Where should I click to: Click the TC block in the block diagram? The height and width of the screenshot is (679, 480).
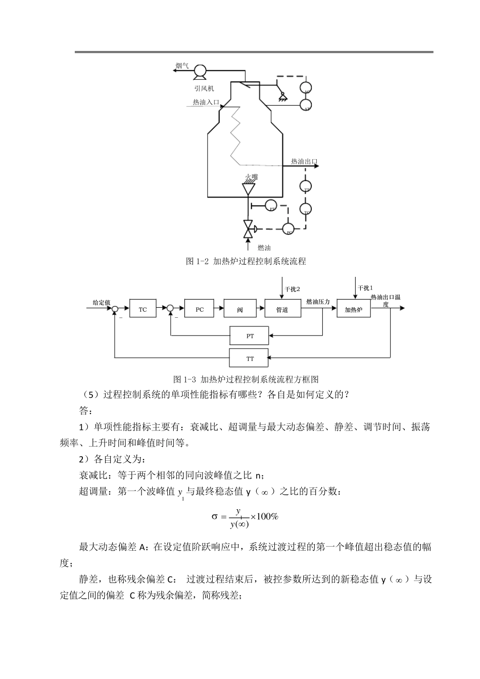point(143,309)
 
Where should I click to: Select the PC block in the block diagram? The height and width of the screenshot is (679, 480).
point(200,309)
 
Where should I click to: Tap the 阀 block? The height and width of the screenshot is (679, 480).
point(240,309)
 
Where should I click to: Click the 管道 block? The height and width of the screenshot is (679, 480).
point(282,309)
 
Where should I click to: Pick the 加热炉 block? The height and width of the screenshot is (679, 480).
point(354,309)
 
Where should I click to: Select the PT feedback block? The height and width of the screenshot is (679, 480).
point(250,335)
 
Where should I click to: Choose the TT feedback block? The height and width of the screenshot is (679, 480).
point(250,358)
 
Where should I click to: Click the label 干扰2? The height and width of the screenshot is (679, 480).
point(292,289)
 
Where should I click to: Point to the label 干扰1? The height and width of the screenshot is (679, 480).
point(365,288)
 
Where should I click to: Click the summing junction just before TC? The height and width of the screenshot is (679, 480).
point(115,309)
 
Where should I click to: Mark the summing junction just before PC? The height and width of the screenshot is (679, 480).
point(170,309)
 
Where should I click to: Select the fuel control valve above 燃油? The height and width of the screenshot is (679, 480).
point(248,228)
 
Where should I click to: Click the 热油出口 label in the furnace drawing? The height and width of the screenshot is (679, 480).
point(304,162)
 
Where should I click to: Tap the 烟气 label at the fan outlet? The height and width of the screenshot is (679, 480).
point(182,66)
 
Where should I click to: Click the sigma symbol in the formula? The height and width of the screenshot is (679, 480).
point(214,516)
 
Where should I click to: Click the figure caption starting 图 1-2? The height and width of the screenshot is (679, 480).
point(246,261)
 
